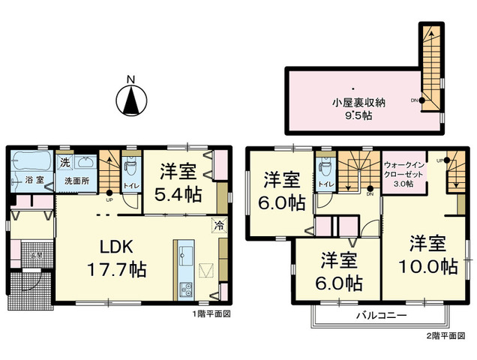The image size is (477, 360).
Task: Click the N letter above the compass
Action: [x=130, y=78]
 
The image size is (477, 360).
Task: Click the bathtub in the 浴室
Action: [x=31, y=160]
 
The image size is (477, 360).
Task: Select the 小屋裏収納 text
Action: [x=361, y=103]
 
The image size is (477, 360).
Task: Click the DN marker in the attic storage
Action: [x=415, y=100]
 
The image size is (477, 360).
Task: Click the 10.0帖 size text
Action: [x=428, y=265]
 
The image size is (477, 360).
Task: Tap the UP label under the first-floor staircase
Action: [x=110, y=200]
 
